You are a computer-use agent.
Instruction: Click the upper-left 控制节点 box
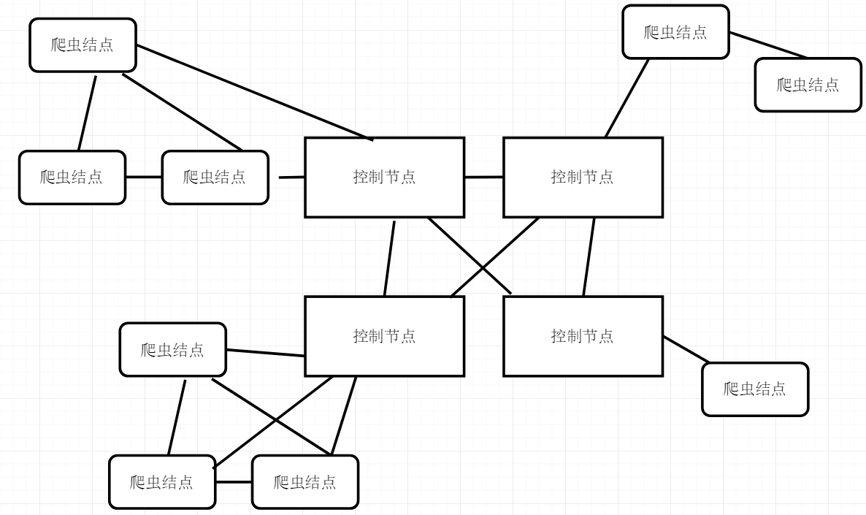click(x=384, y=178)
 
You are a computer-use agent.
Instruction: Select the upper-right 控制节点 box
click(x=583, y=178)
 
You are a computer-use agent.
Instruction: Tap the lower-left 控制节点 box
click(x=384, y=336)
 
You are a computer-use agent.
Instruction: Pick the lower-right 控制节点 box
click(x=583, y=336)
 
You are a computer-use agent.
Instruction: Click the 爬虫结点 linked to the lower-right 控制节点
click(x=755, y=389)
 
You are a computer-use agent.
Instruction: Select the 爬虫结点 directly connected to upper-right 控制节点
click(x=675, y=32)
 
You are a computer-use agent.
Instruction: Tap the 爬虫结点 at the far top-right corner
click(x=808, y=85)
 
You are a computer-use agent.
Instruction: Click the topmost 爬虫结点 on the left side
click(x=83, y=45)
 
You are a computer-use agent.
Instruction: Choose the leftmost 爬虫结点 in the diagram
click(x=72, y=178)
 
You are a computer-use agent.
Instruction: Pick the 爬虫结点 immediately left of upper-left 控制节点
click(x=215, y=178)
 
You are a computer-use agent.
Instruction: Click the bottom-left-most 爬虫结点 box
click(x=162, y=482)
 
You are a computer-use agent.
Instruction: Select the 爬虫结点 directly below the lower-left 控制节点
click(x=305, y=482)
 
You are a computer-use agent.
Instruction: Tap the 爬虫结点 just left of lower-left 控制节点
click(x=172, y=350)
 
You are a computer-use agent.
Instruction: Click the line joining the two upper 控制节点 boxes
click(x=483, y=177)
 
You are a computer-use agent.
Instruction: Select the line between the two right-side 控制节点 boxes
click(x=589, y=257)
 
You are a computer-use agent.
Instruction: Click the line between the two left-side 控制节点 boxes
click(x=389, y=259)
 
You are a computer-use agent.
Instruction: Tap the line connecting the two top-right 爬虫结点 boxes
click(x=768, y=45)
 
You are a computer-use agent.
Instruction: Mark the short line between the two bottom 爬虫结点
click(x=234, y=482)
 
